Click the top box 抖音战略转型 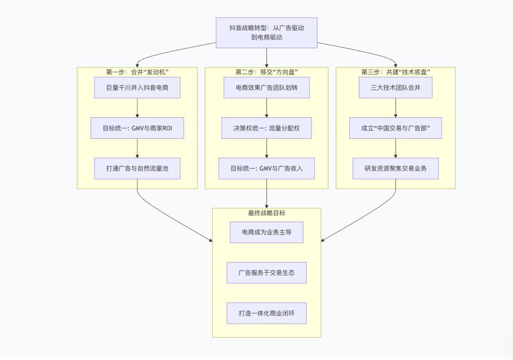[266, 33]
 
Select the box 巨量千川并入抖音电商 [137, 88]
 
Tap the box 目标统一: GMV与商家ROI [137, 128]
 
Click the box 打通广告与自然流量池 [137, 169]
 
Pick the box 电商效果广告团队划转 [266, 88]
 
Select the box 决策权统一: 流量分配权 [266, 128]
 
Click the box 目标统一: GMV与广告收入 [266, 169]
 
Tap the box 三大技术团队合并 [396, 88]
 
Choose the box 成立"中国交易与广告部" [396, 128]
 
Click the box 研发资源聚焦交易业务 [396, 169]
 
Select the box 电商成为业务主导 [266, 232]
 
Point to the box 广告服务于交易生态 [266, 273]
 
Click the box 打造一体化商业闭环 [266, 313]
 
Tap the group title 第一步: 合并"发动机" [137, 72]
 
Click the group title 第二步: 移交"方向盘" [266, 72]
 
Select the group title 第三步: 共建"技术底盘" [396, 72]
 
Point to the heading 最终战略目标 [266, 213]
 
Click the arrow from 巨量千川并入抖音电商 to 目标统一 [137, 108]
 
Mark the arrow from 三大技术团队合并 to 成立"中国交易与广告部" [396, 108]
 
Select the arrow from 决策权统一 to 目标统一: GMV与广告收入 [266, 148]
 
